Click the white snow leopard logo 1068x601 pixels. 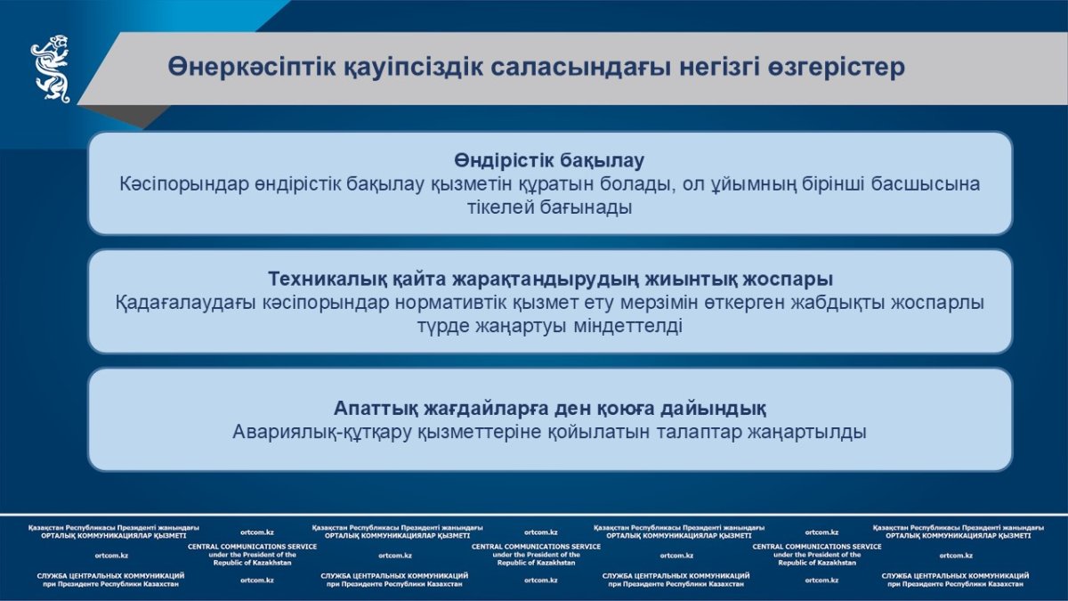click(51, 69)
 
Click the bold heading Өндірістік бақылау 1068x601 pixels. click(549, 160)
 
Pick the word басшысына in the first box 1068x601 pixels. click(926, 184)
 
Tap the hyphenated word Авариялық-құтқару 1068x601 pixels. click(321, 432)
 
